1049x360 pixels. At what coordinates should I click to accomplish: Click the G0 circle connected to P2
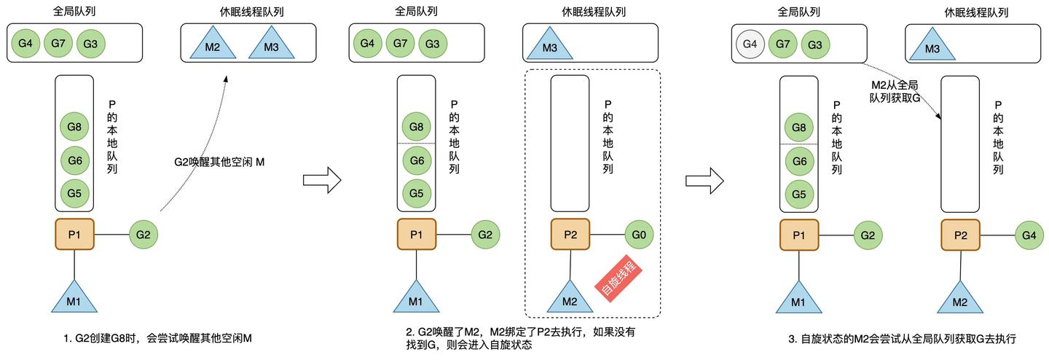[x=640, y=235]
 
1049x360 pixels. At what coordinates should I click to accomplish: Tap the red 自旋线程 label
[x=618, y=278]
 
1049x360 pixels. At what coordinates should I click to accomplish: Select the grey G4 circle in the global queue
[x=750, y=44]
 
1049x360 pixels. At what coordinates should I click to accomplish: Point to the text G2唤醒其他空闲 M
[x=219, y=162]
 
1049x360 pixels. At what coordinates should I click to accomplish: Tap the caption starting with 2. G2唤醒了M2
[x=521, y=338]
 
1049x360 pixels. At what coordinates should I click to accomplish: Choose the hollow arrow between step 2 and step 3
[x=704, y=179]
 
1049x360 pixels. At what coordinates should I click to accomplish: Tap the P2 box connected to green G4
[x=960, y=235]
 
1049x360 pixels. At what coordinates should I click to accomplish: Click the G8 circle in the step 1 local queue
[x=74, y=126]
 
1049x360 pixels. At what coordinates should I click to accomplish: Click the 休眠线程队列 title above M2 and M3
[x=248, y=12]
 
